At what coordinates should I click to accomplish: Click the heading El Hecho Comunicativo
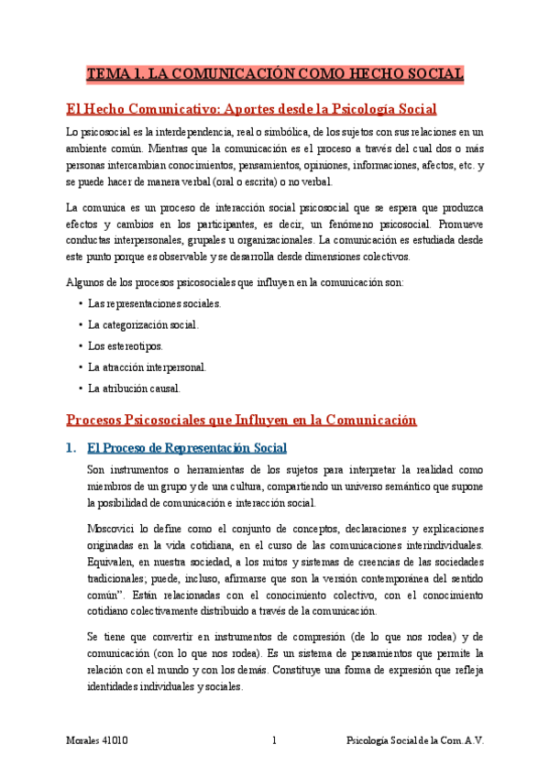pos(252,109)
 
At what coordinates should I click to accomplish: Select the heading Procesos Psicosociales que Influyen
pos(242,421)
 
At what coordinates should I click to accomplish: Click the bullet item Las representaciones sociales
pos(154,302)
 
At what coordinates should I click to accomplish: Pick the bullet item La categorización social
pos(142,324)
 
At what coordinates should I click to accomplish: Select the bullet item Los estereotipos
pos(125,345)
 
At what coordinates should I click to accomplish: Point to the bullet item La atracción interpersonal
pos(147,367)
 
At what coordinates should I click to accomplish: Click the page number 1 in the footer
pos(274,739)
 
